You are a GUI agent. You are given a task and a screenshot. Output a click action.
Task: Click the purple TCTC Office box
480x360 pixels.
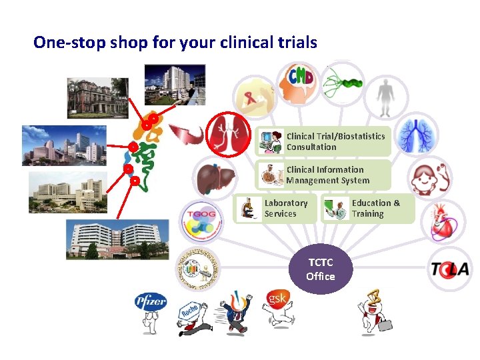320,271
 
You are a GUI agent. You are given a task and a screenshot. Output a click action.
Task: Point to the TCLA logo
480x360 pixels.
449,269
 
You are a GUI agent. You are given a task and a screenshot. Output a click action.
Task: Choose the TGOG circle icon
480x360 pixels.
198,219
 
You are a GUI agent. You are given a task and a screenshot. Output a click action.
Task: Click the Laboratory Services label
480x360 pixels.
286,208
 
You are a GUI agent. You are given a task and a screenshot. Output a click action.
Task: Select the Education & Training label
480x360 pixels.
376,208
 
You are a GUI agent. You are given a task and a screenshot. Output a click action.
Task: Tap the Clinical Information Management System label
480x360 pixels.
327,175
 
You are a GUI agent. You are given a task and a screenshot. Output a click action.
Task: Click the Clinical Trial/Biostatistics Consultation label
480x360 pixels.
335,141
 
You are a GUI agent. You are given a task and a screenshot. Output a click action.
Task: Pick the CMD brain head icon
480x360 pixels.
299,82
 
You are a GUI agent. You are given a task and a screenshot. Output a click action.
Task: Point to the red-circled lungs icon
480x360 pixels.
227,134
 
